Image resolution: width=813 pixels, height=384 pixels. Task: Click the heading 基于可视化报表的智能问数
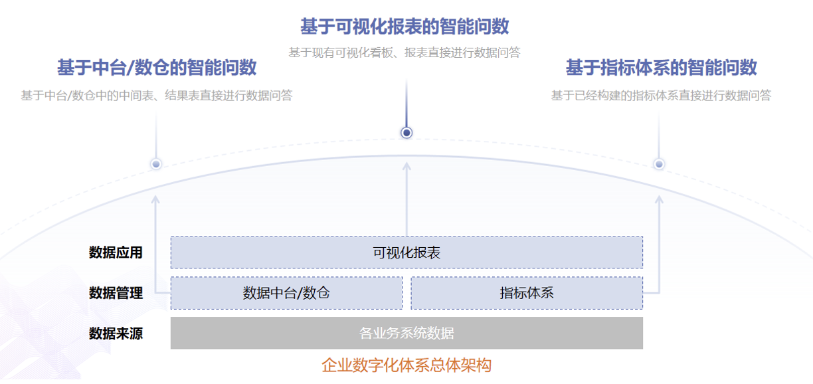pyautogui.click(x=405, y=27)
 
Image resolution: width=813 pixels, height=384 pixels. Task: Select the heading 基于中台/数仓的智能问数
pyautogui.click(x=157, y=68)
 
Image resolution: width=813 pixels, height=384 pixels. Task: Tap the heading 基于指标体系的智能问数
pyautogui.click(x=661, y=68)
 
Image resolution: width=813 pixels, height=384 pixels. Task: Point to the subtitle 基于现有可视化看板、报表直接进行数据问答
pyautogui.click(x=405, y=52)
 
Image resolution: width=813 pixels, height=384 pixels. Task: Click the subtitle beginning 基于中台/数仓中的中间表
pyautogui.click(x=157, y=96)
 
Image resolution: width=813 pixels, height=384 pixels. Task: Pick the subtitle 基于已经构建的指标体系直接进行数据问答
pyautogui.click(x=661, y=96)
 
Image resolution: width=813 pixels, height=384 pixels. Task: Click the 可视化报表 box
pyautogui.click(x=406, y=252)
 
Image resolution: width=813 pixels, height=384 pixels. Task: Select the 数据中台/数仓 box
pyautogui.click(x=286, y=293)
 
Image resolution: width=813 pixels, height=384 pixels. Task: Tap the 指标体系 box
pyautogui.click(x=527, y=293)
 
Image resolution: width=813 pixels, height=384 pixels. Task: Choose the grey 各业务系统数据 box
pyautogui.click(x=406, y=333)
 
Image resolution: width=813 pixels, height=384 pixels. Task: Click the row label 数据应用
pyautogui.click(x=116, y=252)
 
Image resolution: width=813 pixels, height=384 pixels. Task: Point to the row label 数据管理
pyautogui.click(x=116, y=293)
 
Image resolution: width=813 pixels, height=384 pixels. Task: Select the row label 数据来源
pyautogui.click(x=116, y=333)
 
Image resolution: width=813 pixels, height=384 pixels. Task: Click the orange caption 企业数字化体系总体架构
pyautogui.click(x=406, y=365)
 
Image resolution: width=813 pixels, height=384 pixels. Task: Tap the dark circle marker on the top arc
pyautogui.click(x=407, y=133)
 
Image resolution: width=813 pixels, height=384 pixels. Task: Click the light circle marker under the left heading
pyautogui.click(x=156, y=164)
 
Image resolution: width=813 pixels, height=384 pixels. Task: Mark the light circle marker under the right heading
pyautogui.click(x=659, y=164)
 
